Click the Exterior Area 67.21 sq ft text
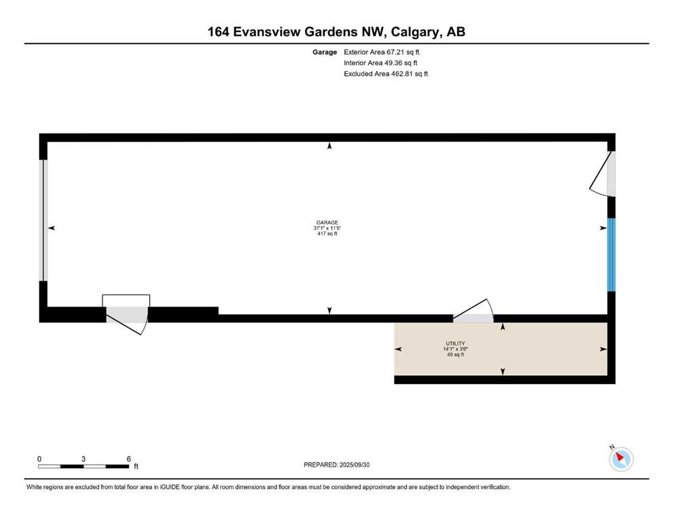[x=381, y=52]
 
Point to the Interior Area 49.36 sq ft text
[x=380, y=62]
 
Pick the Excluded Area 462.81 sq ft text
[x=386, y=74]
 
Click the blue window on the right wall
[x=611, y=254]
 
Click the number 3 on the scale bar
[x=83, y=459]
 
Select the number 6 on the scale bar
[x=129, y=459]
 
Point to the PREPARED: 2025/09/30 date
[x=336, y=465]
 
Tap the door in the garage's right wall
[x=603, y=174]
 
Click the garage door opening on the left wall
[x=43, y=220]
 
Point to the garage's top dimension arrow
[x=329, y=146]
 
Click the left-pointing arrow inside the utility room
[x=398, y=349]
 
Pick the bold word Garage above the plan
[x=325, y=52]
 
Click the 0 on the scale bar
[x=39, y=459]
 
